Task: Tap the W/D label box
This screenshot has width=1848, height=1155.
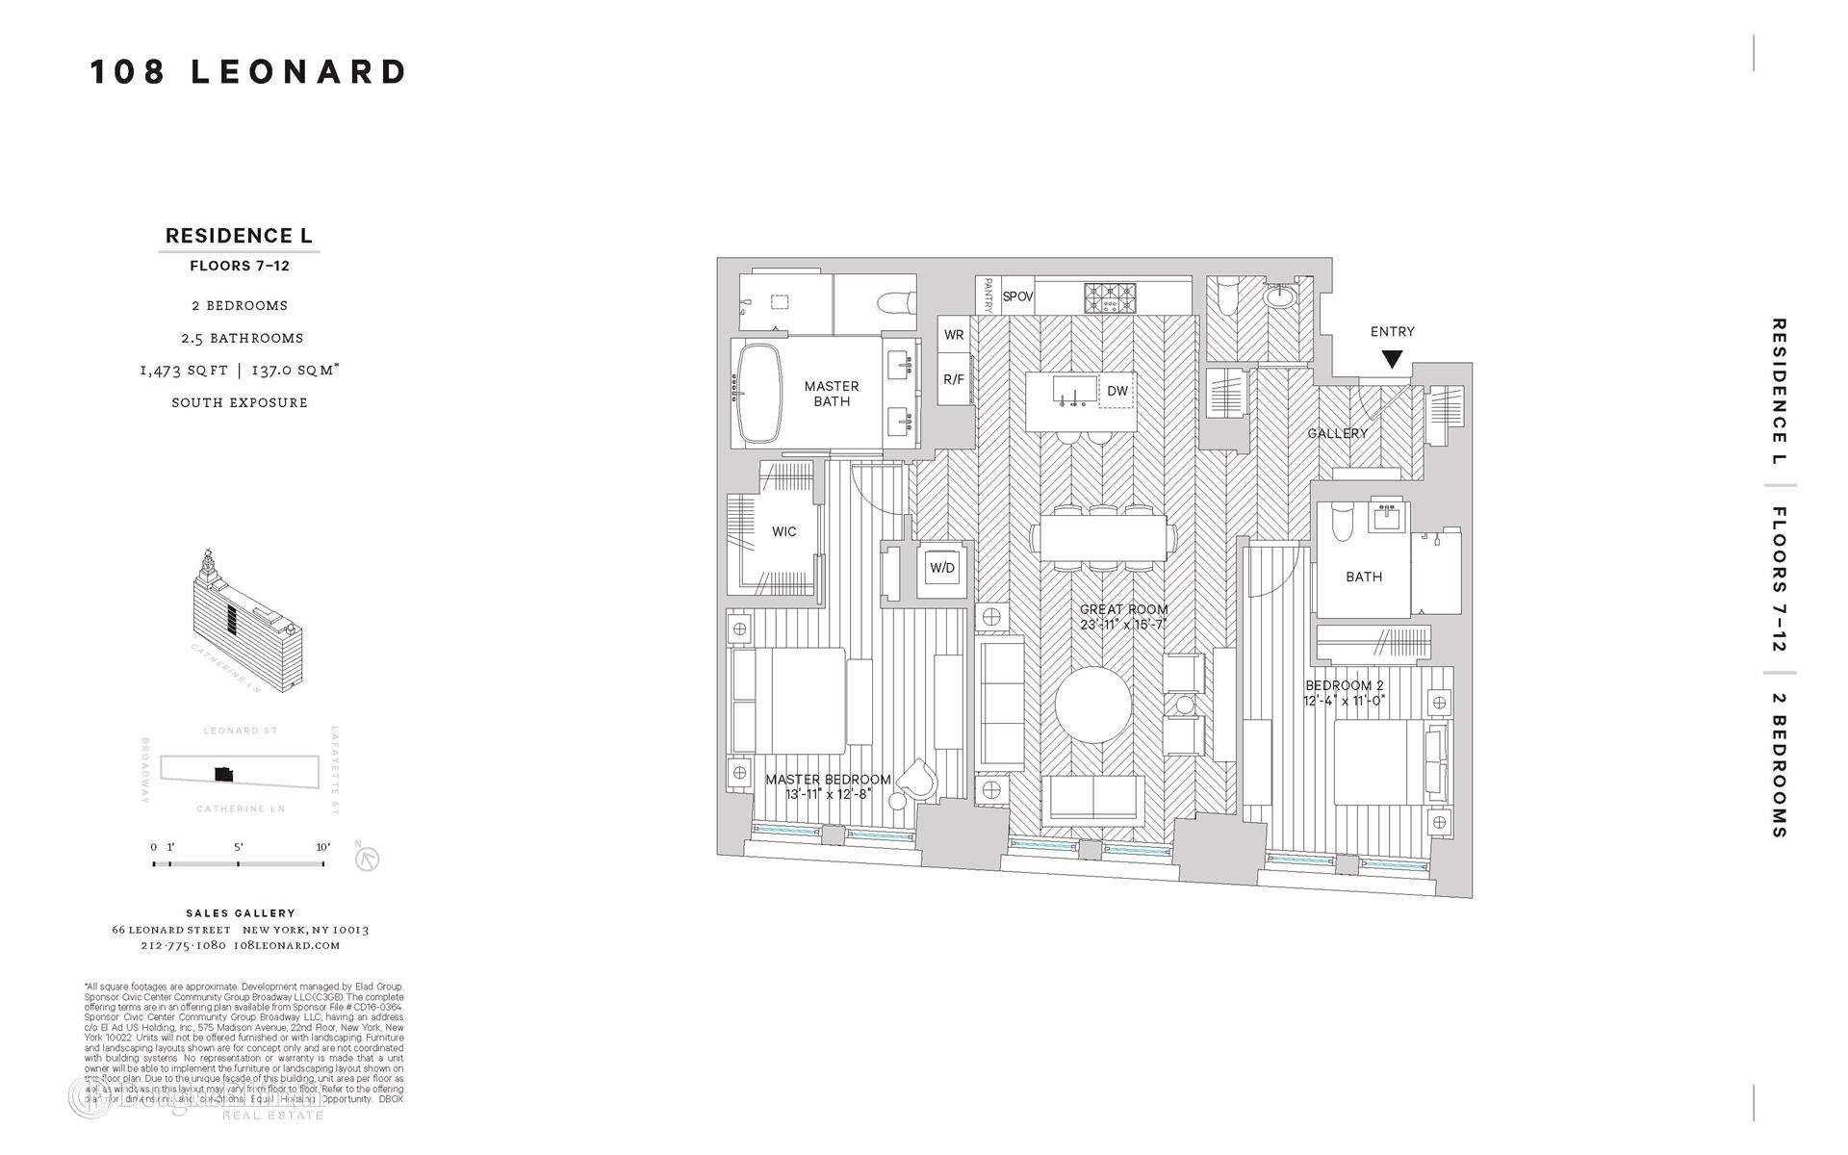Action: [941, 568]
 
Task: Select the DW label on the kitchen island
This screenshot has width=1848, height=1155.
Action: [1116, 391]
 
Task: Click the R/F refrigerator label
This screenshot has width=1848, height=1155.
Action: [954, 379]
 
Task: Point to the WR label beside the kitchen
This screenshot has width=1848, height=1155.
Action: [954, 335]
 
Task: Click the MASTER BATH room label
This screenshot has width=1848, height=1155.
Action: [832, 394]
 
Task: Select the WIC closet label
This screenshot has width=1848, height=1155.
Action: [783, 531]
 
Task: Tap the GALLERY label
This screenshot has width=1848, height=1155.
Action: [1337, 434]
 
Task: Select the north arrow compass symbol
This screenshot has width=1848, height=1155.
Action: [368, 859]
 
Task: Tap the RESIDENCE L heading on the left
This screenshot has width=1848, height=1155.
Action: [239, 236]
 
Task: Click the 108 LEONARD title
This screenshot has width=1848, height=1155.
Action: [248, 72]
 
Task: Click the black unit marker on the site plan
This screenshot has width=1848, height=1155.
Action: [223, 773]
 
